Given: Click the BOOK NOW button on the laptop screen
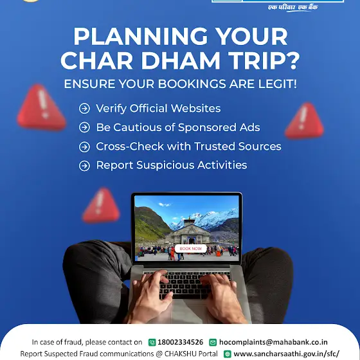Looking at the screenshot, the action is pos(190,249).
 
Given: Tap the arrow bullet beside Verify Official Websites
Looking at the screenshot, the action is pos(84,109).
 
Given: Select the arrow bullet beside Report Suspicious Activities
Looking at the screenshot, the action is pos(84,166).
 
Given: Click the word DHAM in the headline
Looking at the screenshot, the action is pos(181,60).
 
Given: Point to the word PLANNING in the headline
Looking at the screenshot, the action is pos(141,37).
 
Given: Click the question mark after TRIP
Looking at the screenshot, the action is pos(293,60).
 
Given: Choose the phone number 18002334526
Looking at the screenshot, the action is pos(180,342).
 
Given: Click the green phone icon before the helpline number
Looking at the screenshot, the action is pos(152,342).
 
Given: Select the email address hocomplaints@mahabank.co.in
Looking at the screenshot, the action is pos(273,342).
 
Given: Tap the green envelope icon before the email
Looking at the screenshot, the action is pos(213,342).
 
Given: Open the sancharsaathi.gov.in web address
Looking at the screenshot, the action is pos(286,354).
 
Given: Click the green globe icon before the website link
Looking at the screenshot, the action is pos(228,354).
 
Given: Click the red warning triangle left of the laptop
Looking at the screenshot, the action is pos(101,206).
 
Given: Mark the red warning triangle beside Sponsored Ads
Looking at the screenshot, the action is pos(305,121).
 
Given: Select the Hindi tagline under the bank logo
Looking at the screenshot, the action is pos(292,7).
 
